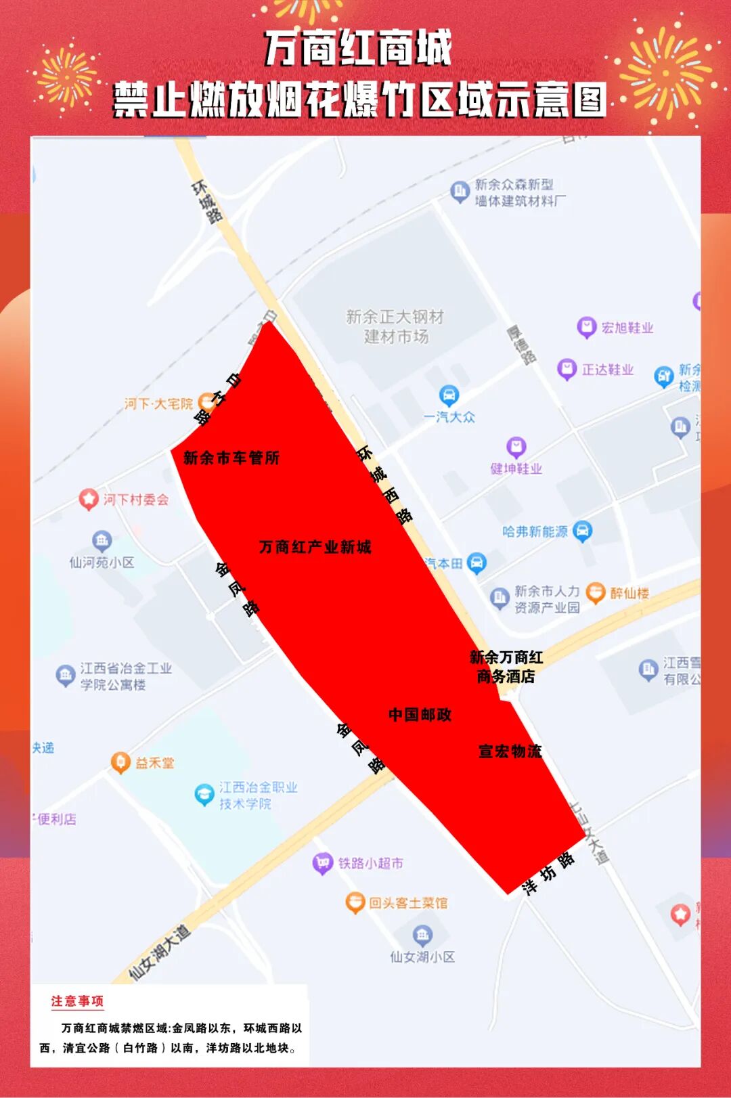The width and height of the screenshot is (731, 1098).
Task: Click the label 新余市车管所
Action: (231, 458)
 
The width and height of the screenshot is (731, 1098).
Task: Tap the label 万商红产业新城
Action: (315, 547)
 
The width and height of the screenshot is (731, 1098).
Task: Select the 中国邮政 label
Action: (420, 715)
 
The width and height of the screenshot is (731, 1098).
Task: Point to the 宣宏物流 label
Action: (510, 751)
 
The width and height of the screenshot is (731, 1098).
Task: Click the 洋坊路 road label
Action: (549, 873)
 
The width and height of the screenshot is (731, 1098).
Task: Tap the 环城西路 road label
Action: (385, 485)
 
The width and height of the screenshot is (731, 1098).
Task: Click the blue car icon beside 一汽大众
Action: (449, 395)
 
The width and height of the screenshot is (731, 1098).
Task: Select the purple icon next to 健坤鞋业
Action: (516, 447)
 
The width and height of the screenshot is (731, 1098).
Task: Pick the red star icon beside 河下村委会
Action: (89, 500)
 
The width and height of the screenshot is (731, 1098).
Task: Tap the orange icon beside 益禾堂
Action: (120, 762)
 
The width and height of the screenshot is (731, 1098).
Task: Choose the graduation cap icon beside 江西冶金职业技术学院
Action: (204, 794)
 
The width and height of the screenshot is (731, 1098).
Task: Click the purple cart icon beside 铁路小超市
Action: (323, 863)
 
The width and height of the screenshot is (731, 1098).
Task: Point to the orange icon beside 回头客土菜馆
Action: (355, 902)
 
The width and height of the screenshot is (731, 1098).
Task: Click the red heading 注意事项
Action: (77, 1001)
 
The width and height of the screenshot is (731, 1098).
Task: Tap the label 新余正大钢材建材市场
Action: (395, 326)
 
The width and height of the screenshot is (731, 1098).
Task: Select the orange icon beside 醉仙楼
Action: (595, 593)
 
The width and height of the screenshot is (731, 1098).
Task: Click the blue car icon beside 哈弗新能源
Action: (582, 531)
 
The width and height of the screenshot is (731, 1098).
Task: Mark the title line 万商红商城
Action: (358, 49)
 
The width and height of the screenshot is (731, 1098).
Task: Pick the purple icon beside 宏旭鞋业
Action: (586, 328)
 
